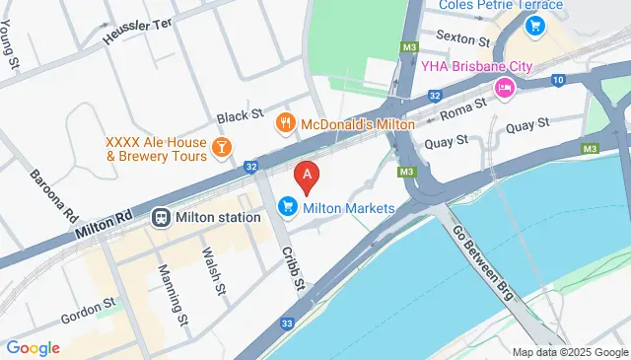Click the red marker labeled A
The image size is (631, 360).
tap(308, 178)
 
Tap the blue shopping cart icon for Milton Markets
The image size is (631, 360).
tap(288, 207)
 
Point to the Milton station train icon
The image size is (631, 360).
tap(161, 217)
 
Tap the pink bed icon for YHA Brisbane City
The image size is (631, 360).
tap(505, 89)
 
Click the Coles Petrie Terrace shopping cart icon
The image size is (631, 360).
tap(535, 26)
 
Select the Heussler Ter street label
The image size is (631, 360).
tap(143, 29)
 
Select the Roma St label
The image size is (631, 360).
tap(463, 108)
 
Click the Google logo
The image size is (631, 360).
tap(33, 347)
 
